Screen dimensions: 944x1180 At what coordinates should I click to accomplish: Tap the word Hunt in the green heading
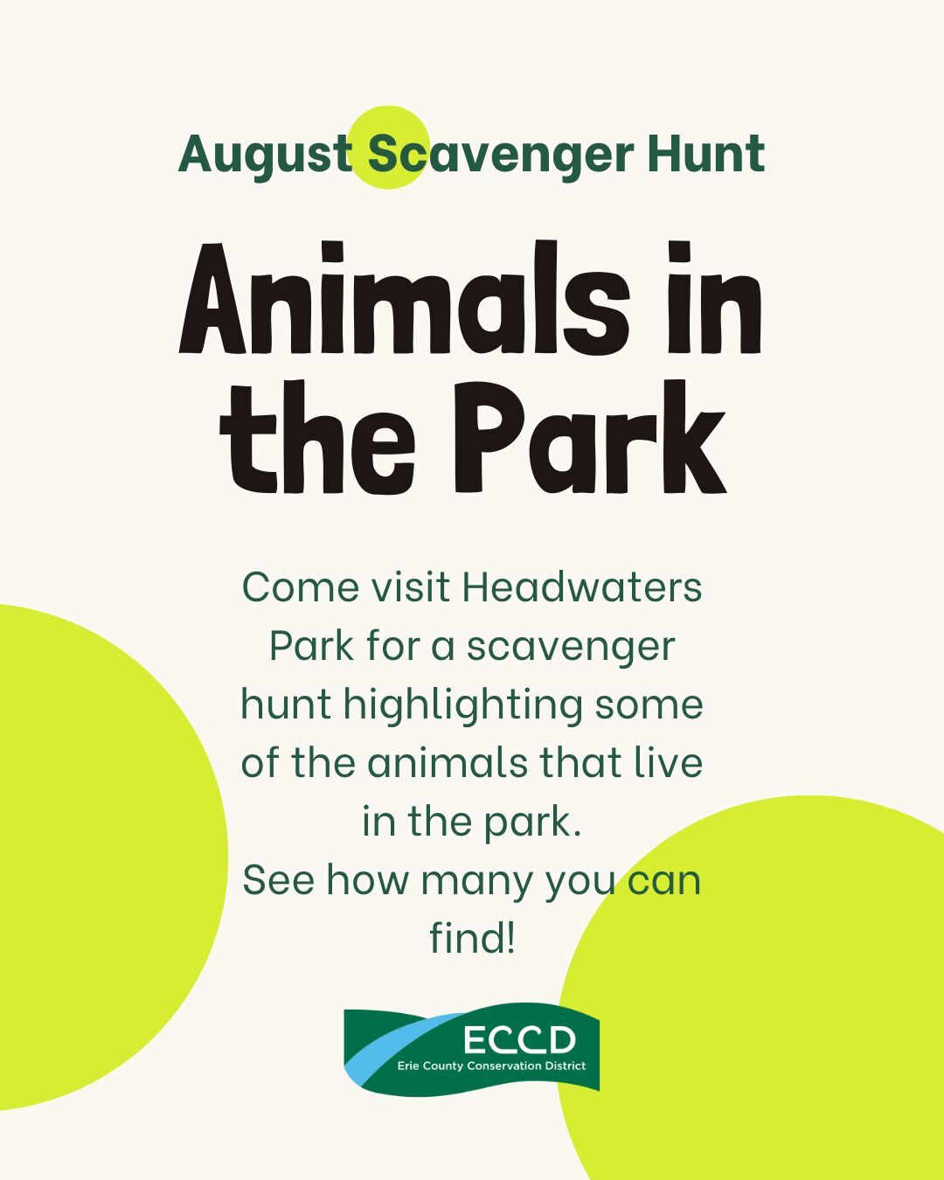coord(706,154)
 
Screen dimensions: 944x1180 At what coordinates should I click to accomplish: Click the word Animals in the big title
coord(404,298)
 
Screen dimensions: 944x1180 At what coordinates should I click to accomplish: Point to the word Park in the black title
coord(590,437)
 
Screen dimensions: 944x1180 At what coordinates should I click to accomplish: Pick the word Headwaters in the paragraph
coord(582,587)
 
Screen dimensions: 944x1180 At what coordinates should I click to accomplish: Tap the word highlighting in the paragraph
coord(463,705)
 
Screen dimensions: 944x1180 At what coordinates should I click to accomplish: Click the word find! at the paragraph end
coord(472,938)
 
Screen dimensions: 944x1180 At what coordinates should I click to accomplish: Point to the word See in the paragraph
coord(279,880)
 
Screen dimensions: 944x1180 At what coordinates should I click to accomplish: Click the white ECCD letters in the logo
coord(519,1040)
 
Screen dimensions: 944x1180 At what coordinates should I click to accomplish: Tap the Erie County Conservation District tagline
coord(491,1066)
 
